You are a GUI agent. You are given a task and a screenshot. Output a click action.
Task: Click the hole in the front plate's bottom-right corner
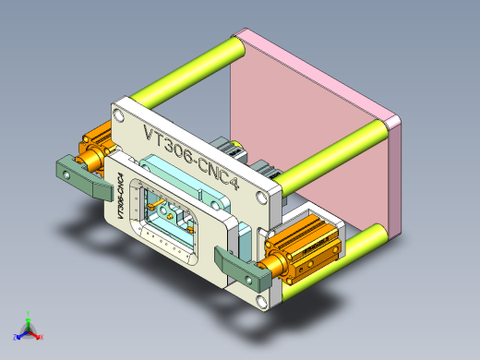pos(263,300)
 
